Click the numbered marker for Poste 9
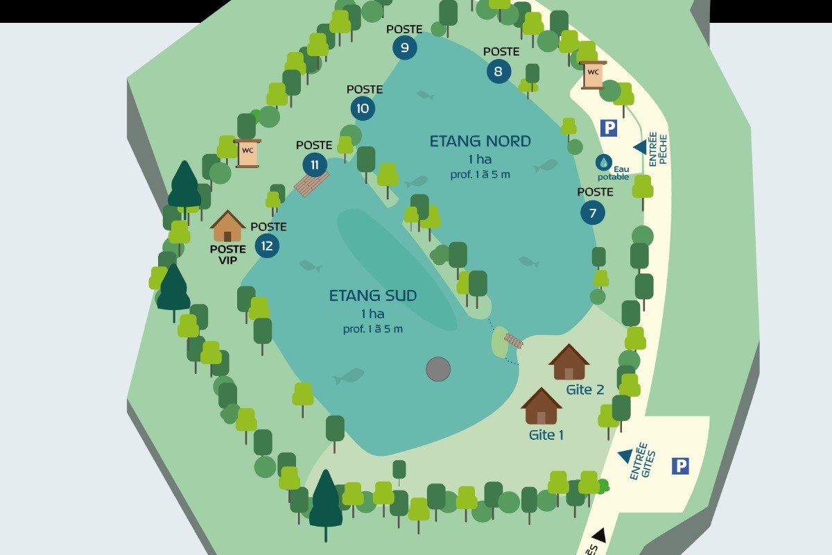(404, 47)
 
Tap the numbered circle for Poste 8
(499, 71)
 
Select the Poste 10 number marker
(362, 108)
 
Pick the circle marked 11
(315, 164)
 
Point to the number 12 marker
(267, 246)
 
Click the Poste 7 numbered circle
(592, 213)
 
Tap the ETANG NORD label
(480, 142)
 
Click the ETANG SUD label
(372, 296)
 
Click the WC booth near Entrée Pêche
(593, 74)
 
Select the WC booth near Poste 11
(248, 153)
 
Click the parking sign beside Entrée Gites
(680, 466)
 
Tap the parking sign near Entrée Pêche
(608, 128)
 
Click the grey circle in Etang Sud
(438, 369)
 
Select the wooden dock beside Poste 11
(311, 184)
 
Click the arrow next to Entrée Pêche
(640, 147)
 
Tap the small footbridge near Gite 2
(514, 341)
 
